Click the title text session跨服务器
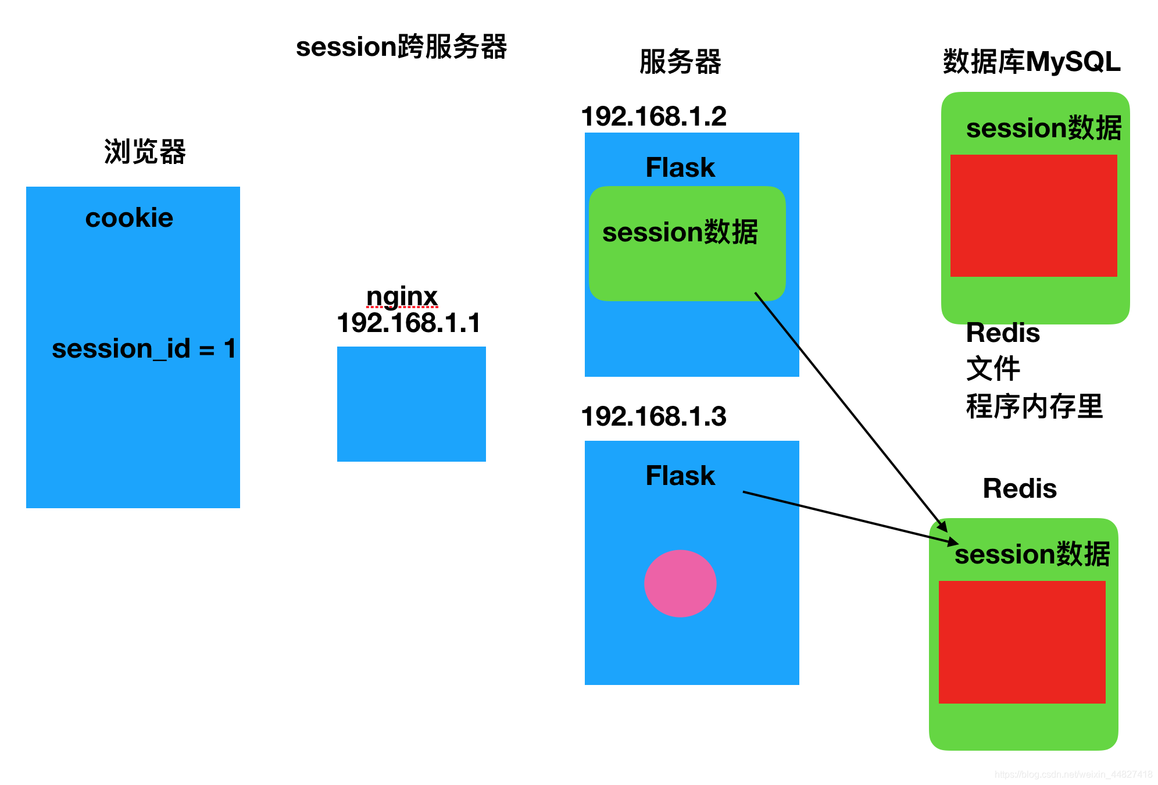tap(401, 47)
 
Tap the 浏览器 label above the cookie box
tap(145, 152)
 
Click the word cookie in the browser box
tap(129, 218)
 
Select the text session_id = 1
tap(144, 349)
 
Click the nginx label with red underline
tap(402, 297)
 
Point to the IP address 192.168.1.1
tap(409, 323)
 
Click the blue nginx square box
tap(411, 404)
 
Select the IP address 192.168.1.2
tap(653, 116)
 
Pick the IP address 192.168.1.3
tap(653, 416)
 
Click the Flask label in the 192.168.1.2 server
tap(680, 167)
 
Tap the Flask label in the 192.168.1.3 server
tap(680, 476)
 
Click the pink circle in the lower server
tap(680, 583)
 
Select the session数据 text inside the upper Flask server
tap(680, 232)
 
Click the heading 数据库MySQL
tap(1031, 62)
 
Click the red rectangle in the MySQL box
tap(1033, 215)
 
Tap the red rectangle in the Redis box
tap(1021, 642)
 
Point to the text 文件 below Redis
tap(992, 369)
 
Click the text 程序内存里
tap(1034, 406)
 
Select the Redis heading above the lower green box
tap(1019, 488)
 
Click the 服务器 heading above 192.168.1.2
tap(680, 62)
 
